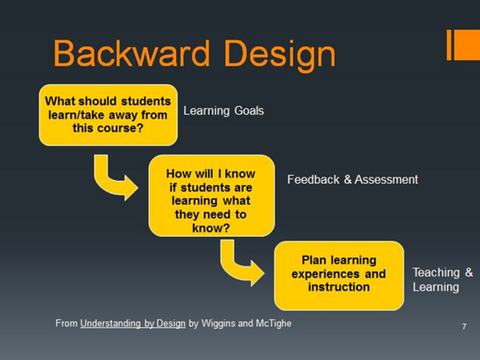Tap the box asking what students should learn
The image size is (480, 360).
[x=108, y=115]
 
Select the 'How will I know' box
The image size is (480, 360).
[x=211, y=196]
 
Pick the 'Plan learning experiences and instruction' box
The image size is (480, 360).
[x=339, y=275]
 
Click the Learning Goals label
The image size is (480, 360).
[x=224, y=111]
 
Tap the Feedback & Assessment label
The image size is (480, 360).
[x=353, y=179]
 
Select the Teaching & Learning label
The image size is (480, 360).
[x=442, y=279]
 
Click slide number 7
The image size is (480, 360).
[x=464, y=326]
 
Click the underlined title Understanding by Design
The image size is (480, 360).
[x=133, y=324]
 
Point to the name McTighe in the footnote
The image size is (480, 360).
[x=274, y=323]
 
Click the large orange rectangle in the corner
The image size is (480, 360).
[x=467, y=45]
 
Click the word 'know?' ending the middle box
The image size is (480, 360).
[x=211, y=228]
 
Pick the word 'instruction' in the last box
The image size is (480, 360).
[x=339, y=287]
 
